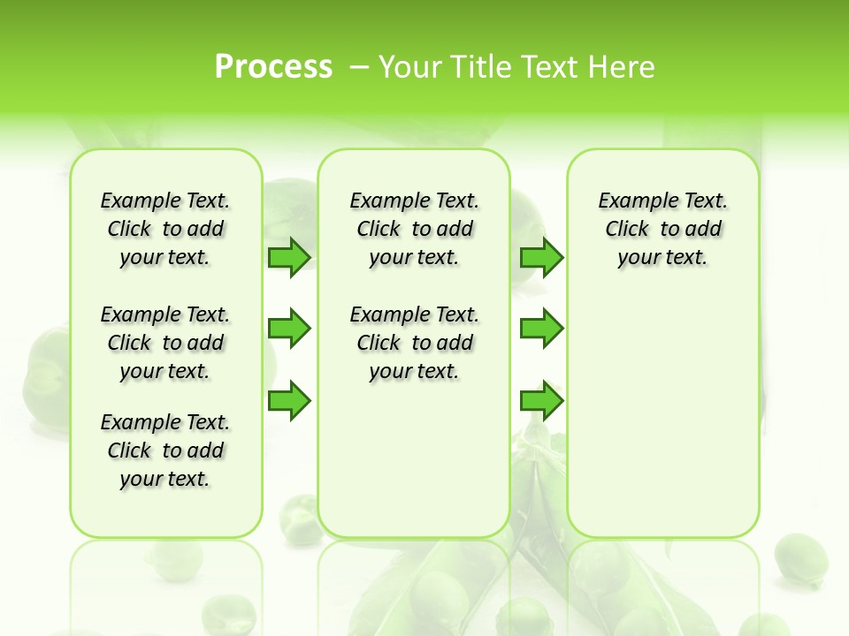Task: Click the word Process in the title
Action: click(x=273, y=67)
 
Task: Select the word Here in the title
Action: click(x=623, y=67)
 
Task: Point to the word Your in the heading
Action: click(x=411, y=67)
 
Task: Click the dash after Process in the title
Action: click(x=359, y=68)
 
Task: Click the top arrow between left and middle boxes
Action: click(x=289, y=257)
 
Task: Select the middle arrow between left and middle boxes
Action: click(x=289, y=329)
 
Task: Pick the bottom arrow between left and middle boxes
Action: click(x=289, y=400)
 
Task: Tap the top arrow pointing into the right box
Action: click(x=541, y=257)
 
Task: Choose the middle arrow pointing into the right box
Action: click(x=541, y=329)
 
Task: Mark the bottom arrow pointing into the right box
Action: click(x=541, y=400)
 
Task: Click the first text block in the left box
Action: click(x=165, y=229)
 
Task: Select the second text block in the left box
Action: click(x=165, y=343)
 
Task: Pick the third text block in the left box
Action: click(x=165, y=450)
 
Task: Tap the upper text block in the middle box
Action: click(x=414, y=229)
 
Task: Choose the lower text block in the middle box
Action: click(x=414, y=343)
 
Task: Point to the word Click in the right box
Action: click(x=627, y=230)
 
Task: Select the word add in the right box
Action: click(x=704, y=230)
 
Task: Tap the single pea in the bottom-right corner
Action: click(x=800, y=558)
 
